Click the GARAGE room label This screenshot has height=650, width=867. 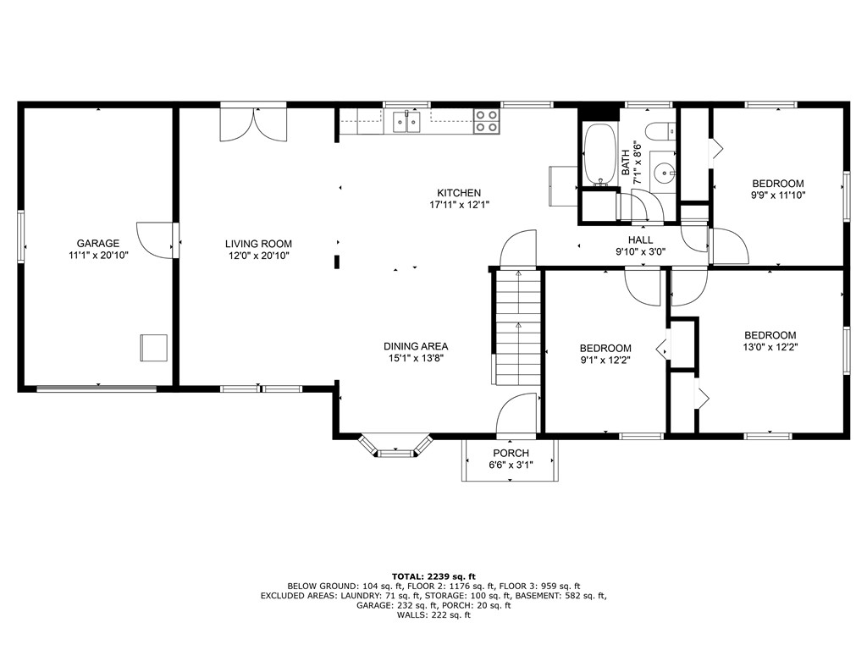coord(98,244)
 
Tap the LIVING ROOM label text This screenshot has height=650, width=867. coord(258,244)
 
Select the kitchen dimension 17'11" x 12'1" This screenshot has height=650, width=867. coord(459,204)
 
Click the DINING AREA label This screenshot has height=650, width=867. coord(415,346)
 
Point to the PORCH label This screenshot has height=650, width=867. coord(511,454)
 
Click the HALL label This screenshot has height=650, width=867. coord(640,240)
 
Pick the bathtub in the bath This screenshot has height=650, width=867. coord(599,154)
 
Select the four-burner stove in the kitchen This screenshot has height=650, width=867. coord(486,121)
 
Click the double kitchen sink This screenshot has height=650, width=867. coord(408,123)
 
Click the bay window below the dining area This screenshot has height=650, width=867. coord(396,446)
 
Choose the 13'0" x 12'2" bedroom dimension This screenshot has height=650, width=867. coord(770,346)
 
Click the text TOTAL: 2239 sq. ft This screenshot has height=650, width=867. coord(433,576)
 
